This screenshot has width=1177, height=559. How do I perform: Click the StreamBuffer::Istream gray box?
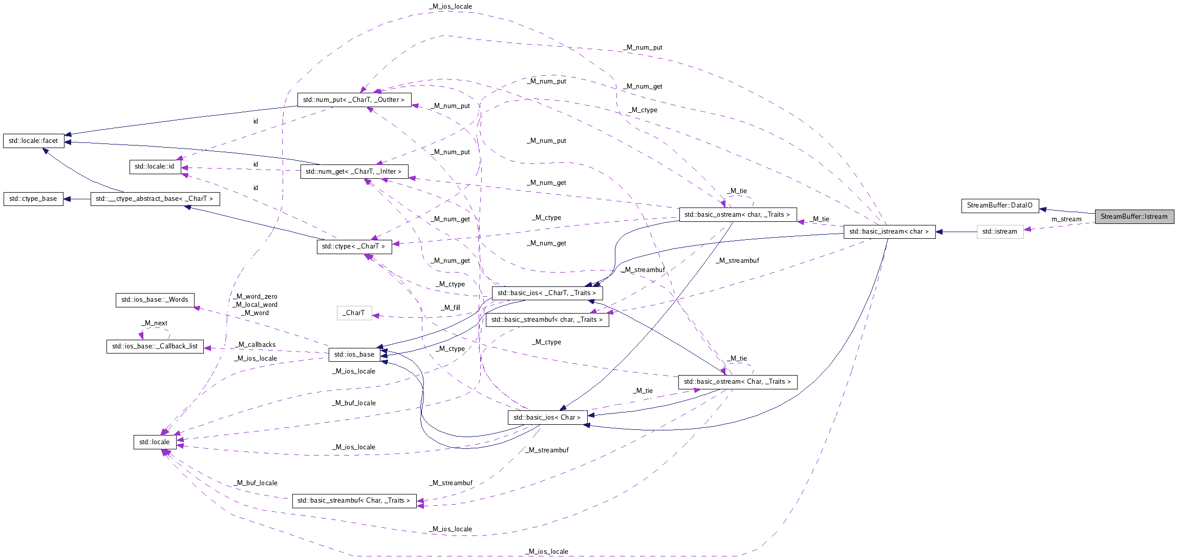click(1134, 216)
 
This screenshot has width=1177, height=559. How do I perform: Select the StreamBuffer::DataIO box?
click(999, 205)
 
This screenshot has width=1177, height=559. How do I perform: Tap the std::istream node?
click(999, 232)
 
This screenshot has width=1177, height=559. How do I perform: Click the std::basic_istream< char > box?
click(889, 232)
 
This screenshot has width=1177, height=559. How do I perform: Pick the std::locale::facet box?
click(33, 141)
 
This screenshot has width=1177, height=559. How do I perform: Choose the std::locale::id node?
click(154, 167)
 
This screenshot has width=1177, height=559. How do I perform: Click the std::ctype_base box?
click(33, 199)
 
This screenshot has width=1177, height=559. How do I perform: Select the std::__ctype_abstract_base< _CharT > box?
click(155, 199)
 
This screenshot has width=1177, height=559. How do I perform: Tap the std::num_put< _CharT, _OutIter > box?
click(354, 100)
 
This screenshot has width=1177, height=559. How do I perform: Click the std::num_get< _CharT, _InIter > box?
click(354, 172)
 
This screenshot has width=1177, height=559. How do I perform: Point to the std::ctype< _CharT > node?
click(354, 246)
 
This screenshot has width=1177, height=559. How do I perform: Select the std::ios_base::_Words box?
click(155, 300)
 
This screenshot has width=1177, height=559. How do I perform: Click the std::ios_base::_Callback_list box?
click(155, 346)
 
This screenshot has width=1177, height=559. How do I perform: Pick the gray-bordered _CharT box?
click(354, 313)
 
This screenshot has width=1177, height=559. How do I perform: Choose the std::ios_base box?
click(354, 355)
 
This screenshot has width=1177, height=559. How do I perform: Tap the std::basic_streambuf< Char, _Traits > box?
click(354, 501)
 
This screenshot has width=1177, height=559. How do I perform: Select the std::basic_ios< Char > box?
click(547, 418)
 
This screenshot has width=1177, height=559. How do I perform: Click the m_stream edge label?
click(1066, 219)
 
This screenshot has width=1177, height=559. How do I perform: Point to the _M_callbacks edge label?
click(256, 345)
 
